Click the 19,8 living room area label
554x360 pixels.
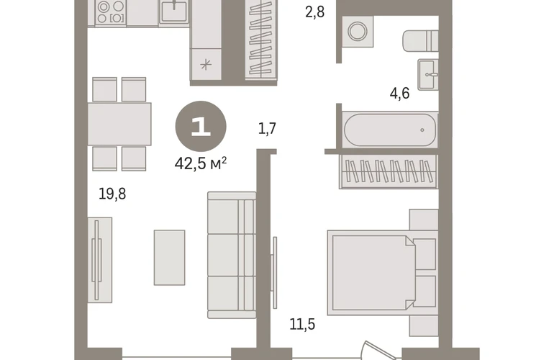click(x=112, y=194)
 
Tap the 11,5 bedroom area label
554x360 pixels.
click(x=302, y=324)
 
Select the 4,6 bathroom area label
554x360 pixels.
click(x=399, y=94)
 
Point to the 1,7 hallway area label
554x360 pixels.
click(x=267, y=128)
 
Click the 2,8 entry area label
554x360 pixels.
click(x=315, y=12)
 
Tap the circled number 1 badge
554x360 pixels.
click(x=201, y=126)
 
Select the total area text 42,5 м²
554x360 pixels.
click(x=200, y=163)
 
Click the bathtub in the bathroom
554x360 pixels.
click(x=390, y=130)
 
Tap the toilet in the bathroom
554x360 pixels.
click(x=420, y=40)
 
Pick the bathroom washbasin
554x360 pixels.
click(x=428, y=75)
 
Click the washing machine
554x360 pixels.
click(x=358, y=31)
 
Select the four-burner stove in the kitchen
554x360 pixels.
click(x=111, y=12)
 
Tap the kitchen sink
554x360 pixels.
click(x=173, y=12)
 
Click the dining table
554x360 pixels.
click(x=119, y=124)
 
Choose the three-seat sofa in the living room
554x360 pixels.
click(x=232, y=255)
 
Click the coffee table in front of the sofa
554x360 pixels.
click(x=169, y=258)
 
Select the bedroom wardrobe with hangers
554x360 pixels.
click(x=389, y=171)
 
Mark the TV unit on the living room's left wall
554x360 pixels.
click(x=99, y=260)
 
